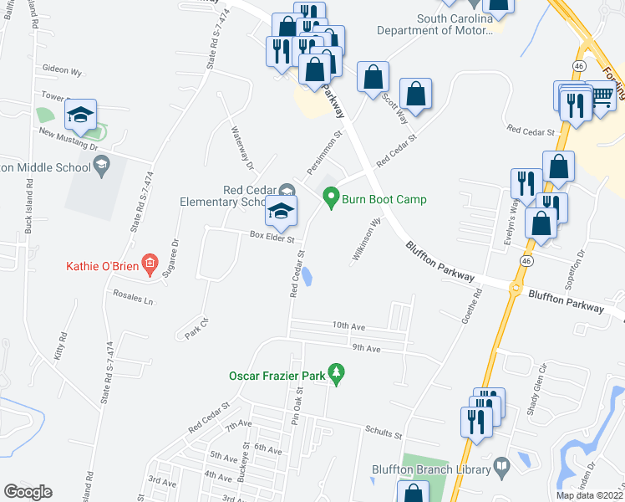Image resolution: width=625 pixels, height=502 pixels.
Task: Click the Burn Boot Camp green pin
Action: coord(331,198)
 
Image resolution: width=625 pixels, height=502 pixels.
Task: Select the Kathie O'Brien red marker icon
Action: coord(150,265)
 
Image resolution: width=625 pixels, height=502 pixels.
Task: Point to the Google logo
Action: coord(28,492)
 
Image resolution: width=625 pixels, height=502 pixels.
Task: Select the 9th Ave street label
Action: coord(366,348)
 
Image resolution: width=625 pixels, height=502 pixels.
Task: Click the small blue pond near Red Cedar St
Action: coord(307,276)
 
